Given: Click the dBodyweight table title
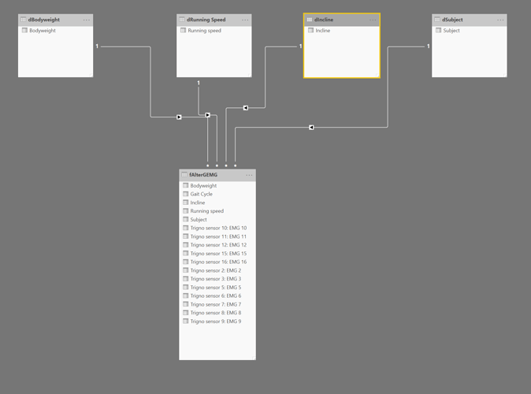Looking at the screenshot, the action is click(43, 20).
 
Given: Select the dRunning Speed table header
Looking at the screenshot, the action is click(206, 20).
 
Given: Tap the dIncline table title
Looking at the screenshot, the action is click(324, 20).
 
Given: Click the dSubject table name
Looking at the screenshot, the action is click(452, 20).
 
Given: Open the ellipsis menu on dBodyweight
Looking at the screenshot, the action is click(87, 20).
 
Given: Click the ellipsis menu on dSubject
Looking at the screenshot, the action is click(500, 20).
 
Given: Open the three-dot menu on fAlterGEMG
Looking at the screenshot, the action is click(249, 175).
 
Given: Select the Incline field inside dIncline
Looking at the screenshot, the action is click(323, 31).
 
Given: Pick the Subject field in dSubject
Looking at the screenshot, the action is click(451, 31).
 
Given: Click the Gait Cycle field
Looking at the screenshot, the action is click(201, 194).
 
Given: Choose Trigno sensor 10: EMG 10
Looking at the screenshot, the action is click(218, 228).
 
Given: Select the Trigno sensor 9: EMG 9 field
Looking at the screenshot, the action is click(216, 322).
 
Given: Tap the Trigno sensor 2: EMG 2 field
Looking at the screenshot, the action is click(216, 270).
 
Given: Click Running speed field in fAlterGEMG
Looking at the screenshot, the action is click(207, 211).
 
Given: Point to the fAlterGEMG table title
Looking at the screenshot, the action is click(203, 175).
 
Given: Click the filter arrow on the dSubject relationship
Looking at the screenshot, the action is click(311, 128).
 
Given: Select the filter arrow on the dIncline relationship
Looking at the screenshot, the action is click(246, 108).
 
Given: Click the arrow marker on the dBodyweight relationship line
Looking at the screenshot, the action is click(179, 117).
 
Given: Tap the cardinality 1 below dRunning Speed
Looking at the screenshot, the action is click(199, 83).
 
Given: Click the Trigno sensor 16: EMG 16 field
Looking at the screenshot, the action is click(218, 262).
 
